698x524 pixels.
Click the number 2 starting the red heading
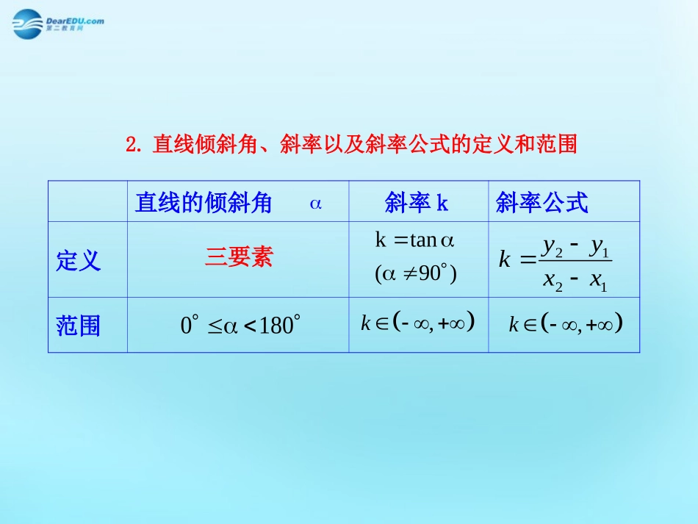tap(132, 145)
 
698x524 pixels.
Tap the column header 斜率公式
tap(542, 203)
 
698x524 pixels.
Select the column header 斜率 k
tap(417, 203)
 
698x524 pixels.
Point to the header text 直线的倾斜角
tap(204, 203)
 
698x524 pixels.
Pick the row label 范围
tap(78, 326)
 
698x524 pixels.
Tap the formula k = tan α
tap(416, 240)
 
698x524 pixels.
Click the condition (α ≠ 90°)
tap(416, 274)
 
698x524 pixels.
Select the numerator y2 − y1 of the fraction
tap(576, 248)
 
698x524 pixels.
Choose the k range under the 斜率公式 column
tap(566, 323)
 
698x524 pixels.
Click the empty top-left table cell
tap(87, 201)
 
